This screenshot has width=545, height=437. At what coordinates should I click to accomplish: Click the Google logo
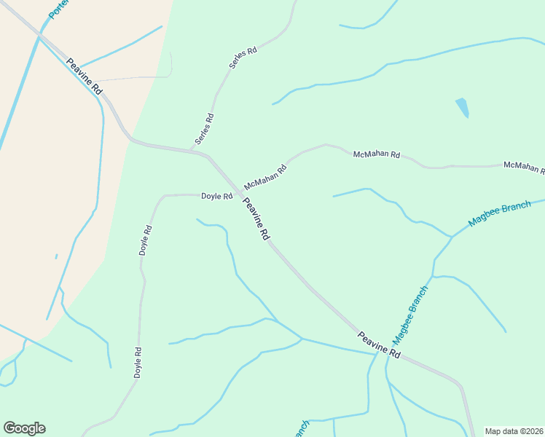coord(24,428)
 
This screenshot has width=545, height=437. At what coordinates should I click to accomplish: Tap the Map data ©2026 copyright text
coord(514,431)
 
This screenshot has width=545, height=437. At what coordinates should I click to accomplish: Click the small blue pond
coord(462,108)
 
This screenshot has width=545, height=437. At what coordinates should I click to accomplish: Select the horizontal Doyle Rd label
coord(216,196)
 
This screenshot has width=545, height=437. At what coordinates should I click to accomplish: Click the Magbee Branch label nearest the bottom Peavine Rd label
coord(411,315)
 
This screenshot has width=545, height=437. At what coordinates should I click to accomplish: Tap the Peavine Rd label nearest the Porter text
coord(85,75)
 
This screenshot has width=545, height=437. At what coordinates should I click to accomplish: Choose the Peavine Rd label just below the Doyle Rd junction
coord(256,219)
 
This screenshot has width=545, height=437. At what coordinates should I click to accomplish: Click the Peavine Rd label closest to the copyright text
coord(380,344)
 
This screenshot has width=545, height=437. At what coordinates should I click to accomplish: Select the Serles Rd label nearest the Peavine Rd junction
coord(204,128)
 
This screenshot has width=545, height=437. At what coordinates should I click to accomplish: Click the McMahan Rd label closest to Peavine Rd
coord(265,177)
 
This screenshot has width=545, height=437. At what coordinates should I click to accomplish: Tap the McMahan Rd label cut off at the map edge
coord(524,168)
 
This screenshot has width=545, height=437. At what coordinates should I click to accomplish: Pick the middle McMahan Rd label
coord(377,154)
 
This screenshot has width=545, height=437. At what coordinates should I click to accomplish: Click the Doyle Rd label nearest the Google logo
coord(137,361)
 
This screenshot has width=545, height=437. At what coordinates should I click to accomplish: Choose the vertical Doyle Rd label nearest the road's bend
coord(146,240)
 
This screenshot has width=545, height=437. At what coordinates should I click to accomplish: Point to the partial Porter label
coord(58,9)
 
